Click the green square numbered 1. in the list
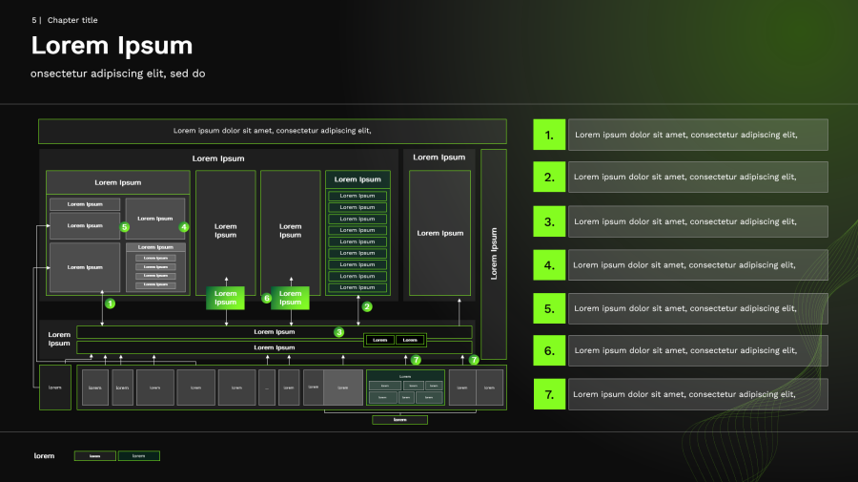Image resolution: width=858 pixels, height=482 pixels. pyautogui.click(x=549, y=135)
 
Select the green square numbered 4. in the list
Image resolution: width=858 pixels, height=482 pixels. pyautogui.click(x=549, y=264)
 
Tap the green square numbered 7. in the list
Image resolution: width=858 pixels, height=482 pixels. pyautogui.click(x=549, y=394)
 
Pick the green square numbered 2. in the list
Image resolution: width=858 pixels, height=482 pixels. pyautogui.click(x=549, y=177)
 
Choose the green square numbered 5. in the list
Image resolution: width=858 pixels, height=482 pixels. pyautogui.click(x=549, y=308)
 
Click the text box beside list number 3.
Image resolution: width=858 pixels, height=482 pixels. pyautogui.click(x=698, y=221)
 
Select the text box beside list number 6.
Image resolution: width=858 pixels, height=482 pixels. pyautogui.click(x=698, y=350)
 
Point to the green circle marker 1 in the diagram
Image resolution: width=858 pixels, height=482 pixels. pyautogui.click(x=110, y=304)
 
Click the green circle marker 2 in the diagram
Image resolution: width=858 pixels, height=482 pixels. pyautogui.click(x=367, y=306)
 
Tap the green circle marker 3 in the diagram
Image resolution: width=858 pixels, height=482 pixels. pyautogui.click(x=338, y=332)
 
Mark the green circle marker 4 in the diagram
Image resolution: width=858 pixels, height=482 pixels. pyautogui.click(x=184, y=227)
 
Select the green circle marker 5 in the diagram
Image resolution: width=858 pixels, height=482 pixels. pyautogui.click(x=124, y=227)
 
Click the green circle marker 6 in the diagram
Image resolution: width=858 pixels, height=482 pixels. pyautogui.click(x=267, y=298)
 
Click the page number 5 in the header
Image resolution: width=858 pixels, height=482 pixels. pyautogui.click(x=33, y=20)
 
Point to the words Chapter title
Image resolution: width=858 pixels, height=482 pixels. pyautogui.click(x=72, y=20)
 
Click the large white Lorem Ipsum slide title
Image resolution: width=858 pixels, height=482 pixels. pyautogui.click(x=112, y=45)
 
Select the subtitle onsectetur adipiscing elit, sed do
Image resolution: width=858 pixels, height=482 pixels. pyautogui.click(x=118, y=73)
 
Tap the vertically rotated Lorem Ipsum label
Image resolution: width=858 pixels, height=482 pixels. pyautogui.click(x=494, y=253)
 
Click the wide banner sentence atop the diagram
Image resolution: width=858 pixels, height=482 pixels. pyautogui.click(x=272, y=131)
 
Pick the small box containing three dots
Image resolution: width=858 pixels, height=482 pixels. pyautogui.click(x=267, y=388)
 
